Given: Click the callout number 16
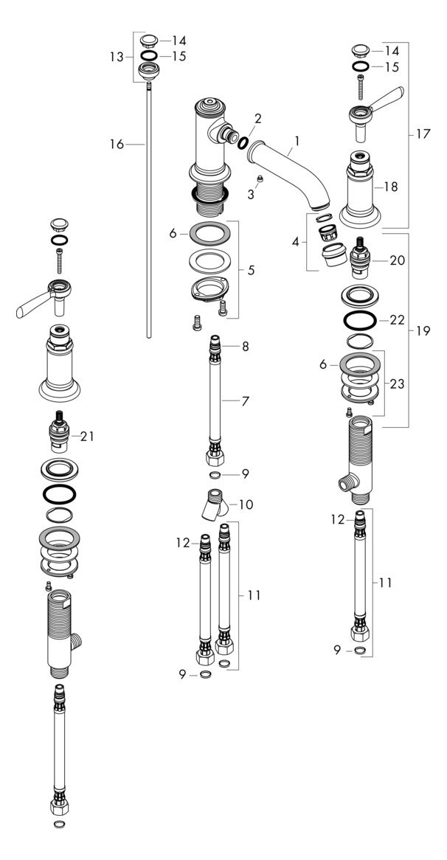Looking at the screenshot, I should point(117,145).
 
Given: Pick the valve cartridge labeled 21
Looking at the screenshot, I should point(58,436).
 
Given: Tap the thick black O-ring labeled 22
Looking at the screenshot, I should point(359,321).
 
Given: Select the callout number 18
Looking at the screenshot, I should point(391,187).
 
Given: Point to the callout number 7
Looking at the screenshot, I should point(245,401).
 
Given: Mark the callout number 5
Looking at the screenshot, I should point(252,271).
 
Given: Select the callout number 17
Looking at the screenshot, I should point(423,134).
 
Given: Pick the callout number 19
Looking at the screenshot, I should point(423,331).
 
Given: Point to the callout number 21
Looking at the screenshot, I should point(89,436).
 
